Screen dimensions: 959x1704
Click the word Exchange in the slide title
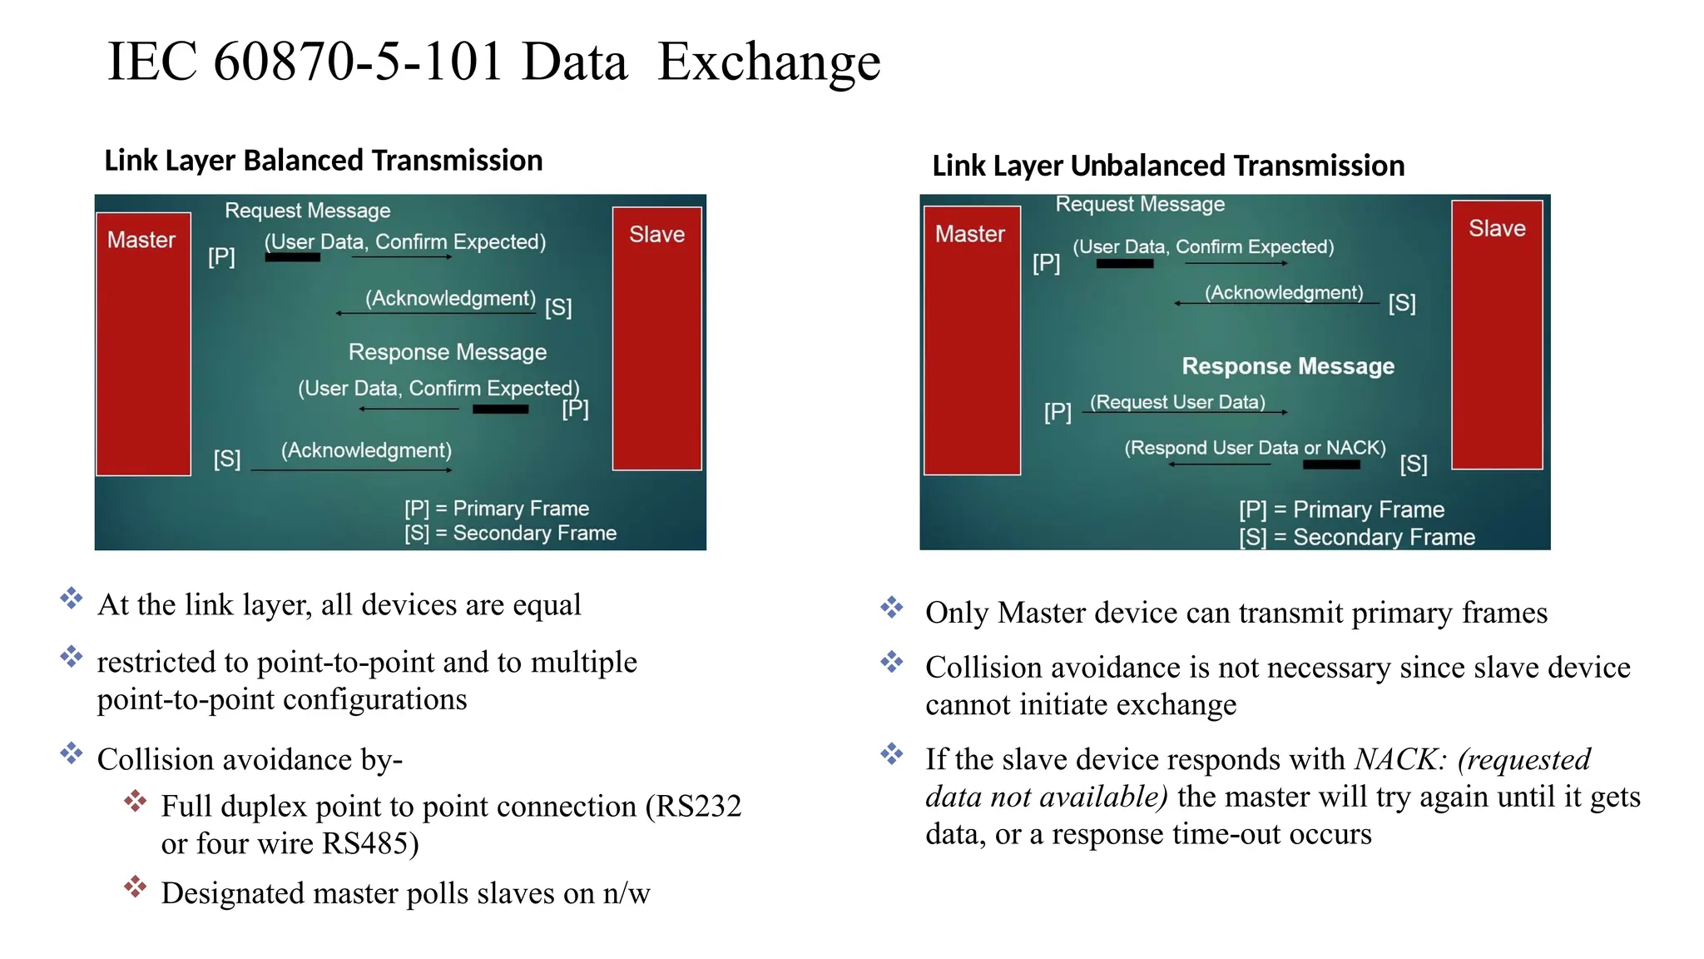tap(769, 63)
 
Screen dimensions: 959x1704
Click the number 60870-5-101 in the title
tap(358, 62)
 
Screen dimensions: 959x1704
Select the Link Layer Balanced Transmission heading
tap(323, 160)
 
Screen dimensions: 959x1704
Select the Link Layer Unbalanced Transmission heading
tap(1167, 166)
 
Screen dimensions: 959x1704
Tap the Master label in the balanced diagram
tap(141, 241)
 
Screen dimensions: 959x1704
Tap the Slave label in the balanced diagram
tap(656, 235)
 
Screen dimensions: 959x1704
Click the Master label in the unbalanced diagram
tap(969, 234)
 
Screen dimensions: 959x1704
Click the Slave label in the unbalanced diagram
tap(1496, 229)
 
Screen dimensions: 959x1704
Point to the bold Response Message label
tap(1287, 366)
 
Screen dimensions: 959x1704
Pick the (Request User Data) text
tap(1177, 402)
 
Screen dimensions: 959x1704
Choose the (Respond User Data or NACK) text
tap(1255, 448)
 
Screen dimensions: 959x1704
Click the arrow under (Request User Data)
tap(1186, 413)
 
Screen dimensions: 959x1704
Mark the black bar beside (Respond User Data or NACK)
tap(1330, 465)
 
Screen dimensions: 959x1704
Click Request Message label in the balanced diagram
tap(307, 211)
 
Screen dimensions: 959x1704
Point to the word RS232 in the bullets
tap(698, 806)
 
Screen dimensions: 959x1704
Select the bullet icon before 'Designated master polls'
tap(135, 887)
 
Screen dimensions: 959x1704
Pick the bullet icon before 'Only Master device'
tap(891, 607)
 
